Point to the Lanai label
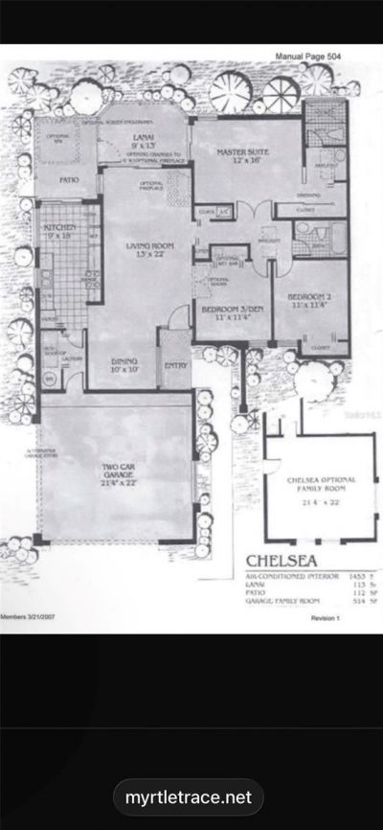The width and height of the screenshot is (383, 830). tap(136, 139)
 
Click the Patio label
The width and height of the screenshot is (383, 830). tap(68, 179)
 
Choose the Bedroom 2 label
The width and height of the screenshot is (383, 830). tap(308, 298)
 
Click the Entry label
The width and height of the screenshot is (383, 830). tap(176, 364)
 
